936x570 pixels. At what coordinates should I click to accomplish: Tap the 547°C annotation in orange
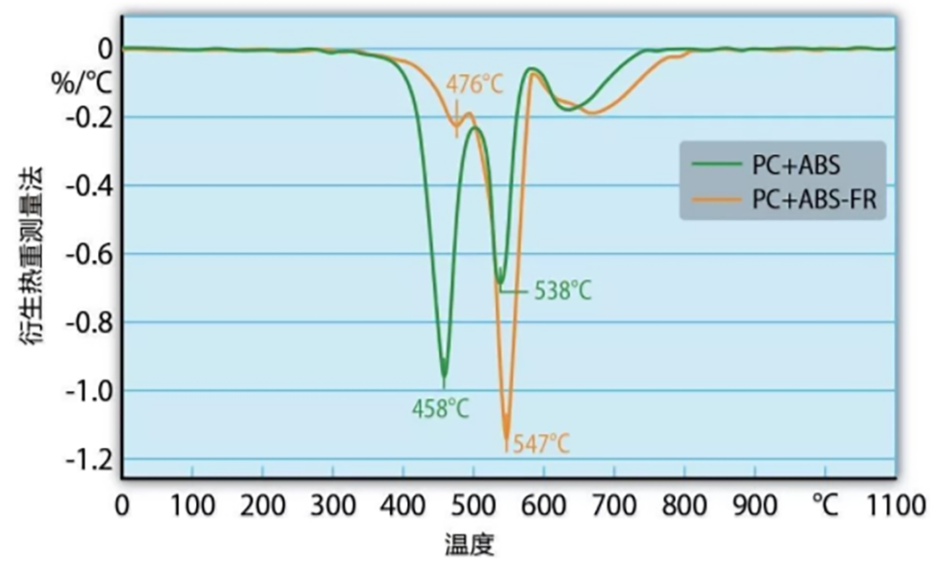540,442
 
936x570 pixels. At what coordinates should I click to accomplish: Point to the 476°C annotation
475,85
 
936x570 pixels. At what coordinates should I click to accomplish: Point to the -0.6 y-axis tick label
92,254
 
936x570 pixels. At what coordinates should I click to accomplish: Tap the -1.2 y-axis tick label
92,459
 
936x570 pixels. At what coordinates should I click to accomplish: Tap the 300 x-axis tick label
333,506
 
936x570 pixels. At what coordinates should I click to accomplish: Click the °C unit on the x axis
825,506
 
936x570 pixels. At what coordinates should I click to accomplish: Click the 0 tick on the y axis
105,49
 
